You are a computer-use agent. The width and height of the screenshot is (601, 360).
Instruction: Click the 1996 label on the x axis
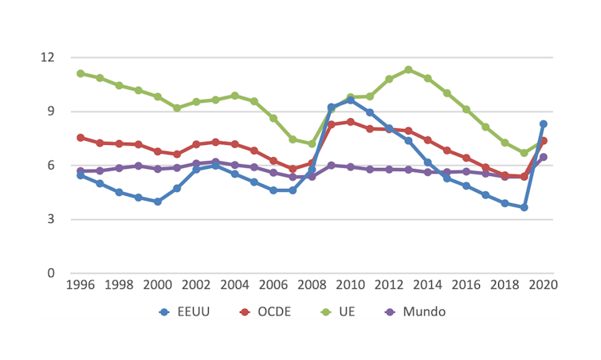(81, 285)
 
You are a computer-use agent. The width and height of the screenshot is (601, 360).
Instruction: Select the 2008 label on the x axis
(312, 285)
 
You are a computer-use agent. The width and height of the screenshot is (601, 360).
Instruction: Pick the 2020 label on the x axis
(544, 285)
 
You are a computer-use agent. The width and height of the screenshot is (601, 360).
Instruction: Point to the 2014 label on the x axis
(428, 285)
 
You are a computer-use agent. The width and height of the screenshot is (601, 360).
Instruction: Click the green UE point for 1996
(81, 73)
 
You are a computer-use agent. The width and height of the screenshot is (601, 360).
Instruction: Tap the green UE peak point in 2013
(409, 69)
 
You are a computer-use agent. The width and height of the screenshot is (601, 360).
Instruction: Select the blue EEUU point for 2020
(544, 124)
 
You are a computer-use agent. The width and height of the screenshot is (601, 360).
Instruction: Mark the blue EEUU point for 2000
(158, 202)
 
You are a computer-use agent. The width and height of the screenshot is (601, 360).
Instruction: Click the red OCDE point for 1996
(81, 138)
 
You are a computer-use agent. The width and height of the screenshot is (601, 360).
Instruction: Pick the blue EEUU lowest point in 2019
(524, 207)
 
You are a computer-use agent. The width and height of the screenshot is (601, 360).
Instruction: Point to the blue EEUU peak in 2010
(351, 100)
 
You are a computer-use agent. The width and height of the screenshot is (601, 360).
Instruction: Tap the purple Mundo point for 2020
(544, 157)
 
